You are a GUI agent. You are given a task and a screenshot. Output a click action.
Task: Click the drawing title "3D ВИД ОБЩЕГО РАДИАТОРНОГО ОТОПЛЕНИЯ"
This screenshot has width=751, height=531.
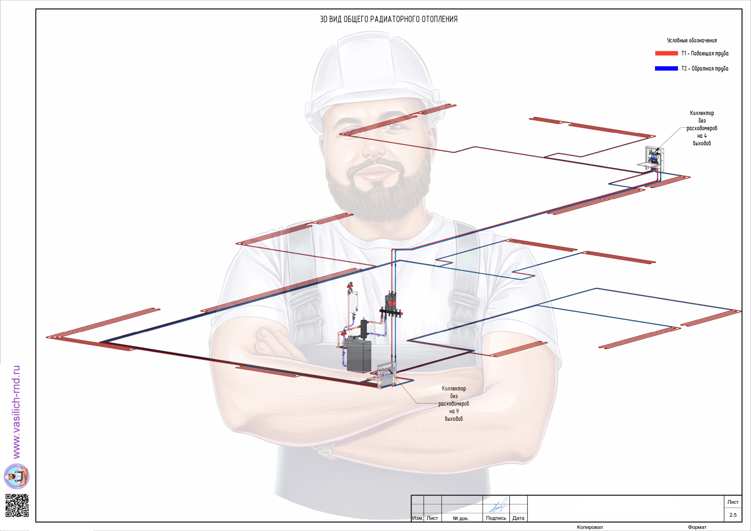coord(389,19)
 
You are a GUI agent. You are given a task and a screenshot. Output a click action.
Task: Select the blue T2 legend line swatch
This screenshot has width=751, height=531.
coord(666,68)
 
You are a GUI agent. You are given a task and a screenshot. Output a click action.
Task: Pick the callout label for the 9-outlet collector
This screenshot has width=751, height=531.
coord(454,403)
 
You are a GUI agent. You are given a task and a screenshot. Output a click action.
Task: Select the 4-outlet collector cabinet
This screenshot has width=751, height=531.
coord(654,159)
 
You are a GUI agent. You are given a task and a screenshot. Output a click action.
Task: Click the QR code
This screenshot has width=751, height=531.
coord(17,505)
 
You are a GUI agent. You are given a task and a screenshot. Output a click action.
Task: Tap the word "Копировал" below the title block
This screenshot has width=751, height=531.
coord(590,527)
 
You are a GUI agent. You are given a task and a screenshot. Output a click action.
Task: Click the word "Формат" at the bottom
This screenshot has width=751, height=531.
coord(697,527)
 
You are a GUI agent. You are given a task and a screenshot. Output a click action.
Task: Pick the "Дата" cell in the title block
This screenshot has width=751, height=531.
coord(518,518)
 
